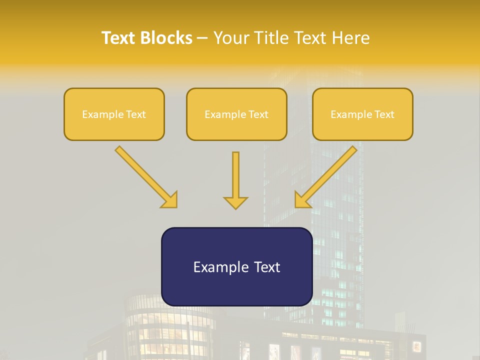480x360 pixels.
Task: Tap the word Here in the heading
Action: click(x=349, y=38)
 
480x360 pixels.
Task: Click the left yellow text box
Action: click(x=114, y=114)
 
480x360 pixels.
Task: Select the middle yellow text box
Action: click(x=236, y=114)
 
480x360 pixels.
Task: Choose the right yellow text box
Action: click(x=362, y=114)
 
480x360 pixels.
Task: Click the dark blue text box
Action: click(x=236, y=266)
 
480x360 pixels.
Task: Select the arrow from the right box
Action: click(x=327, y=175)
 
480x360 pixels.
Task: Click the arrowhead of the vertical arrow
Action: click(x=235, y=202)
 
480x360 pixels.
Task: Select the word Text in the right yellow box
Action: click(x=384, y=114)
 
